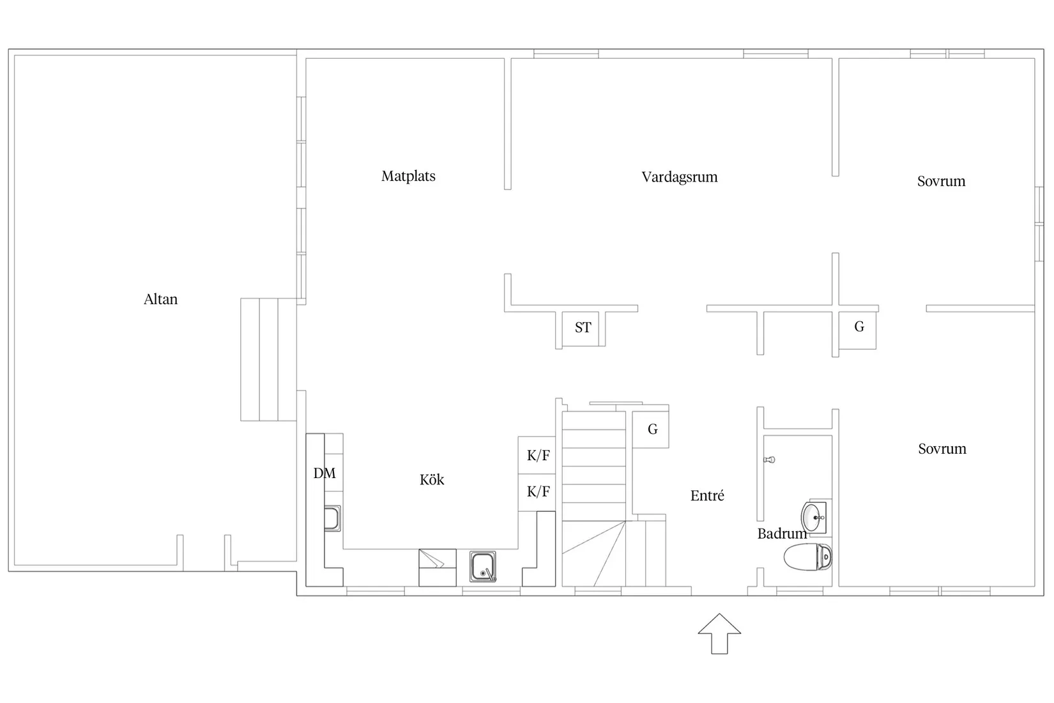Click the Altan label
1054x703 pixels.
(x=160, y=299)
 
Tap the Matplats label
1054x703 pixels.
(x=408, y=176)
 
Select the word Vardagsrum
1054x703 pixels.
(x=680, y=177)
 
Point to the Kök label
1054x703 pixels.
(x=432, y=479)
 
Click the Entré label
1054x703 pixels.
(x=707, y=495)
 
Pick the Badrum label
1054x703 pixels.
(x=782, y=534)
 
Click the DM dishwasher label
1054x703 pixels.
(x=325, y=473)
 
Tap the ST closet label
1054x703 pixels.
(x=583, y=327)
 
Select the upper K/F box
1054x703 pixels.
(x=537, y=455)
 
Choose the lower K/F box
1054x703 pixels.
(x=537, y=492)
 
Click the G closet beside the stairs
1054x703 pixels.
(x=650, y=429)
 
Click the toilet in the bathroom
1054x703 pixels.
(x=808, y=557)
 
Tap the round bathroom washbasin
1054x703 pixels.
(x=813, y=518)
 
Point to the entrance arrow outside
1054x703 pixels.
(x=719, y=633)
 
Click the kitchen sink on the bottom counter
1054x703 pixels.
(x=483, y=566)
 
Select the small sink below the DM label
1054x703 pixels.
(x=332, y=518)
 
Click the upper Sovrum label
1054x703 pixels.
(x=941, y=182)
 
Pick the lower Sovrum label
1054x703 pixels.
(x=942, y=449)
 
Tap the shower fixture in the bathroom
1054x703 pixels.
(x=769, y=460)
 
